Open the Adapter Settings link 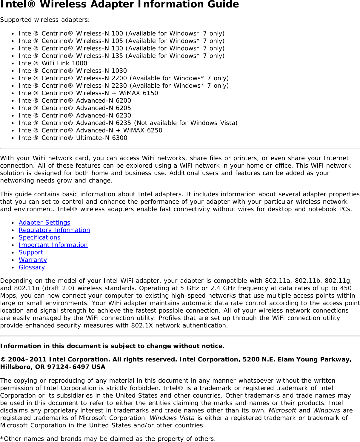(44, 222)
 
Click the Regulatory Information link (54, 230)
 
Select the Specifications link (39, 237)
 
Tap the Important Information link (53, 245)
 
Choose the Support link (31, 252)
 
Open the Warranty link (33, 260)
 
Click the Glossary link (32, 267)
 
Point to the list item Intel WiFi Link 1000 (53, 63)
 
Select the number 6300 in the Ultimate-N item (119, 138)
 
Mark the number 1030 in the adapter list (119, 71)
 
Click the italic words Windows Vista (172, 418)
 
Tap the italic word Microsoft (282, 410)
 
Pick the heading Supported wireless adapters (45, 20)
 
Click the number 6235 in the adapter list (124, 123)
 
